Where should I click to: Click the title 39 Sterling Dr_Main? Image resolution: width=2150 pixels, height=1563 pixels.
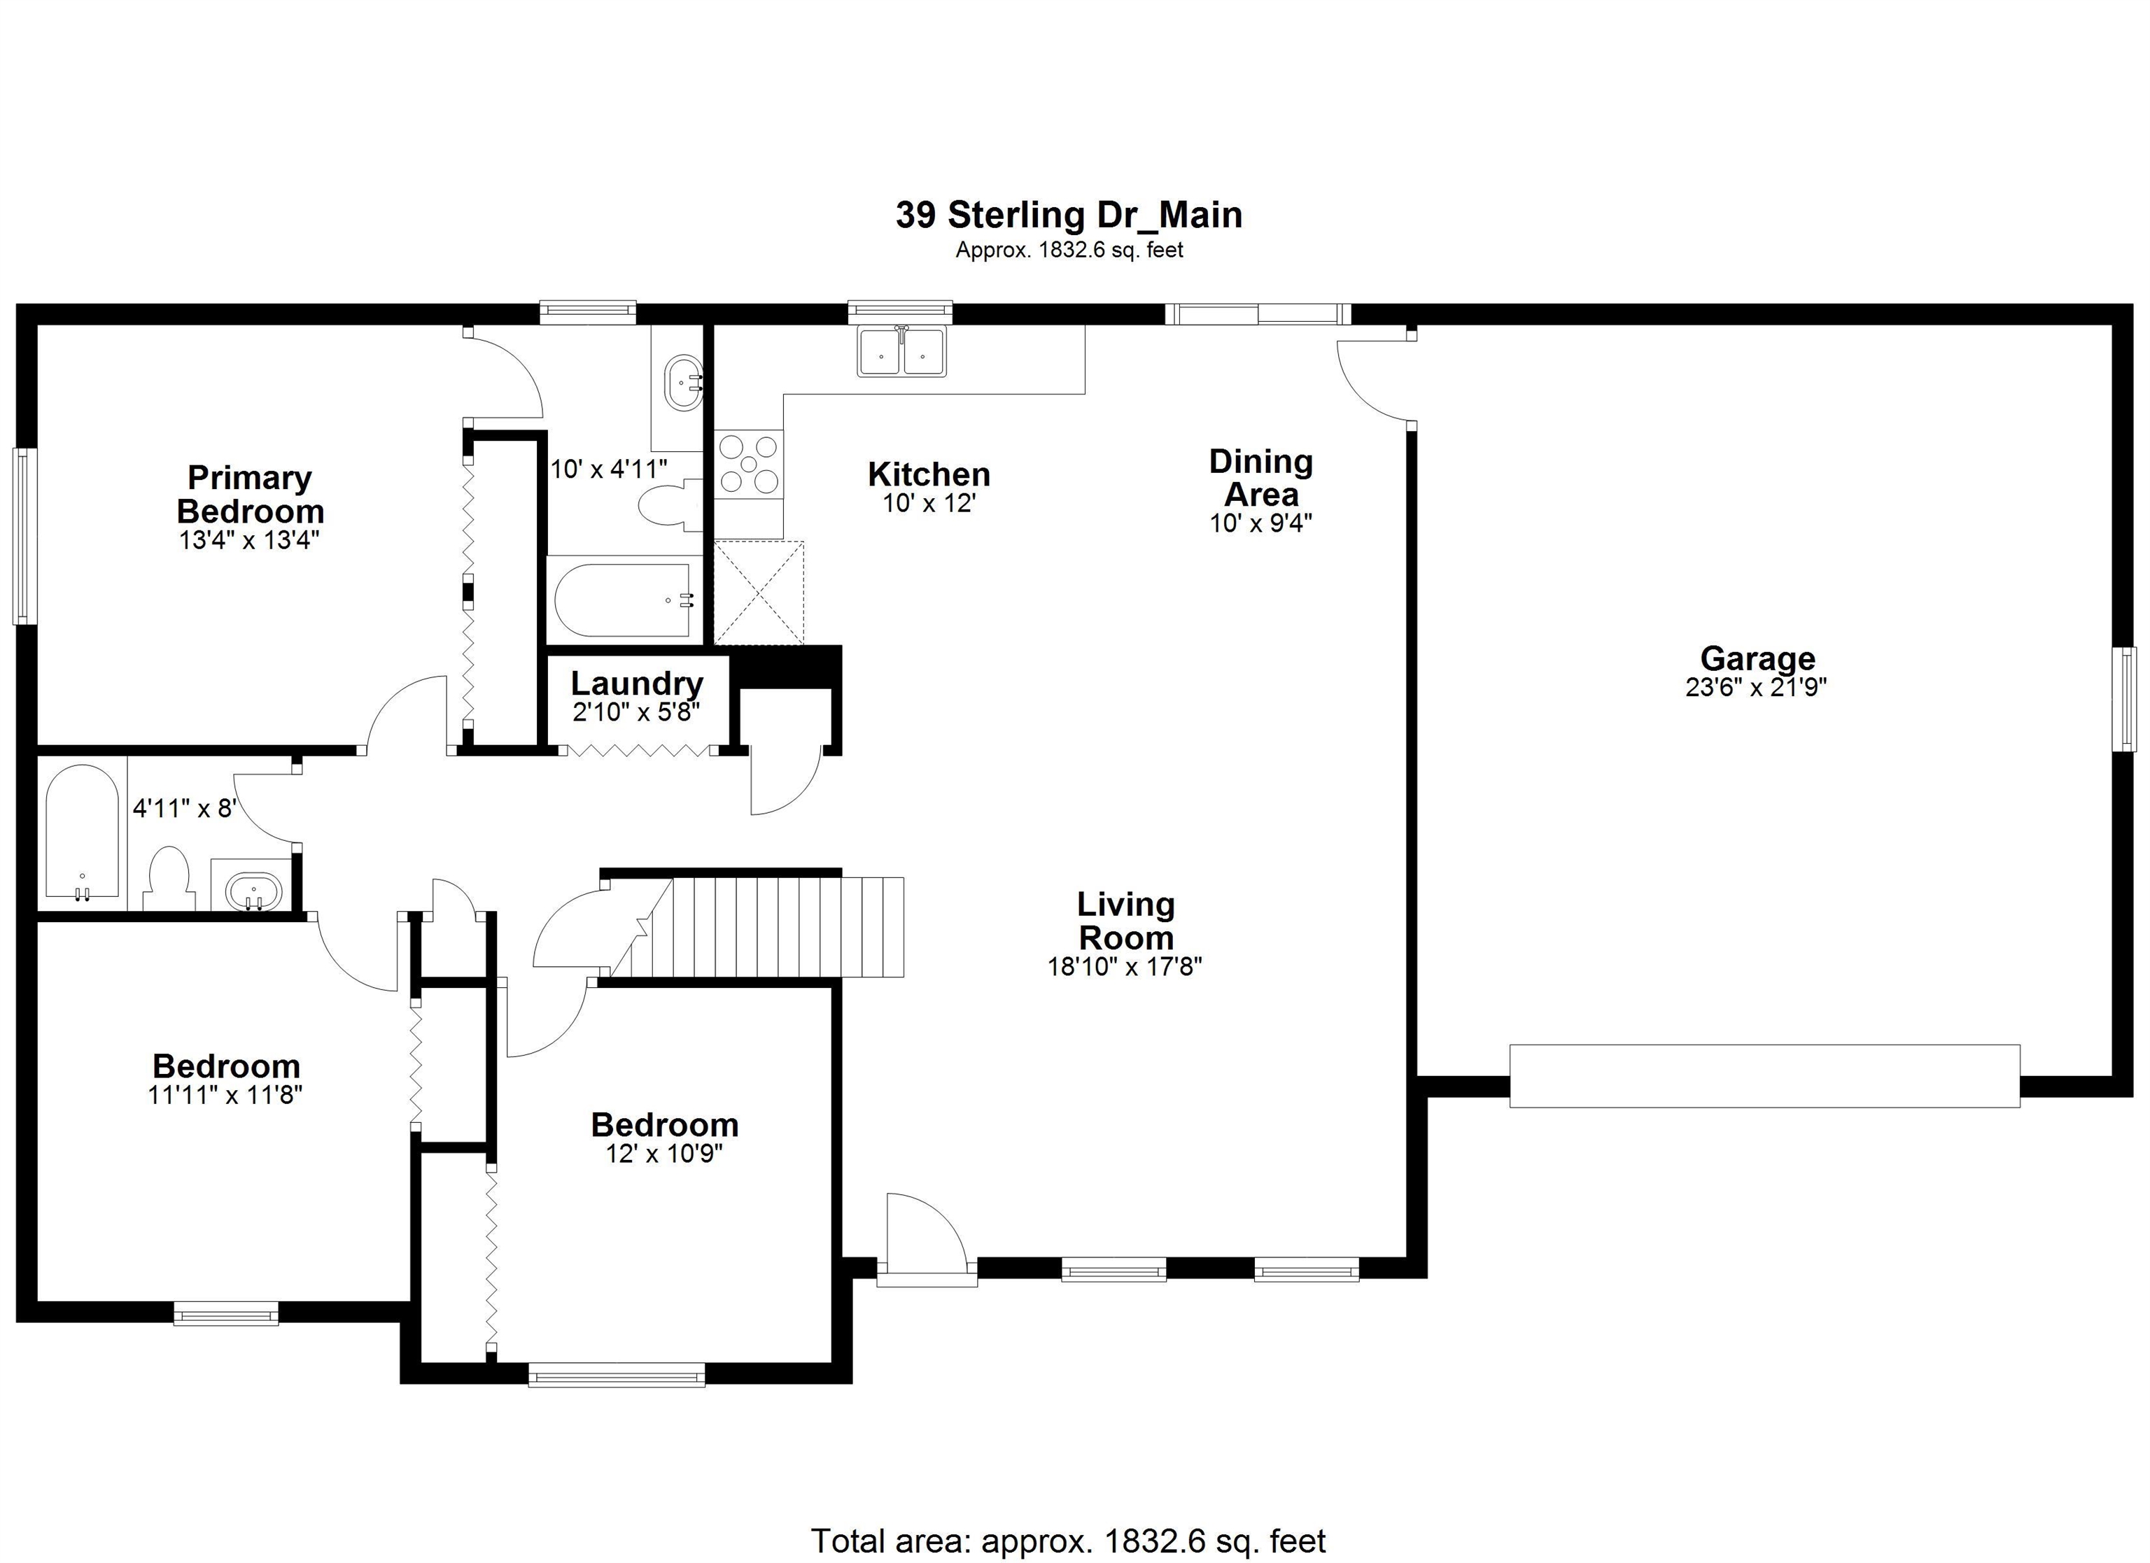[1069, 215]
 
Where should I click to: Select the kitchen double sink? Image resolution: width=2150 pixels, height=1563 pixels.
[901, 352]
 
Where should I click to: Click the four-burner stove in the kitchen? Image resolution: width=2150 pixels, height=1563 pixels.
[748, 465]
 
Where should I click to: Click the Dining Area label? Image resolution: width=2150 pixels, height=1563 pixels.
[1260, 478]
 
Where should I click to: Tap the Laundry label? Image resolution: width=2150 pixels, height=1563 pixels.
[636, 684]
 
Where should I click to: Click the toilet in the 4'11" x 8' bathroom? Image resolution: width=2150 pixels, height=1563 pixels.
[169, 879]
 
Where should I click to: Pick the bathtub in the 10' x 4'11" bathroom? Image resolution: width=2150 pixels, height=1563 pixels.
[623, 600]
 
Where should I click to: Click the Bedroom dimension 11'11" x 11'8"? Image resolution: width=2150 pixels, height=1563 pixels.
[225, 1095]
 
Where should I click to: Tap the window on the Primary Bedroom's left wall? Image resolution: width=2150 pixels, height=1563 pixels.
[24, 535]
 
